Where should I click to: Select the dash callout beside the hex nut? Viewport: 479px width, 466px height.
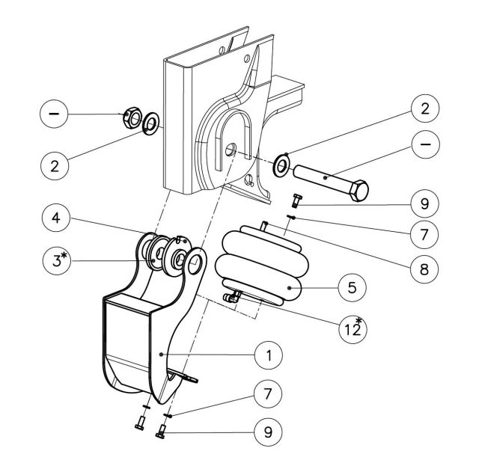pyautogui.click(x=54, y=114)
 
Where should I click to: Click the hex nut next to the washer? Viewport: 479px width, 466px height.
pyautogui.click(x=131, y=117)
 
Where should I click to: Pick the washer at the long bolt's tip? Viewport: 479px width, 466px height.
pyautogui.click(x=282, y=165)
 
